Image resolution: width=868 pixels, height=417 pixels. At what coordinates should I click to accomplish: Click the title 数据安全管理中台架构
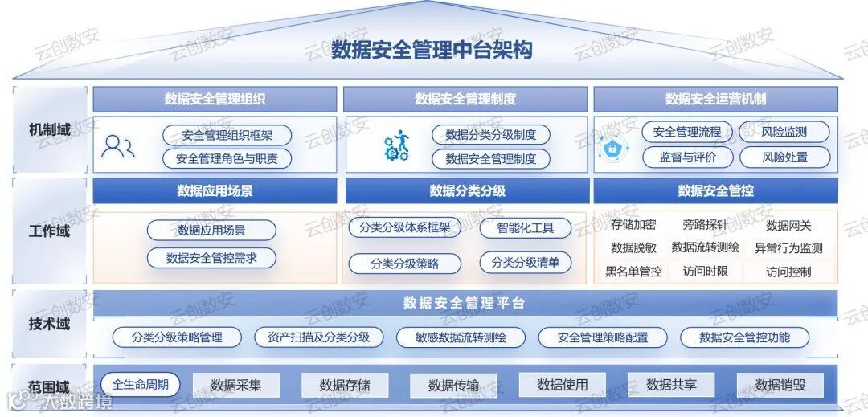432,50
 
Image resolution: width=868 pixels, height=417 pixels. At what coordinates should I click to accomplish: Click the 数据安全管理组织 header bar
215,100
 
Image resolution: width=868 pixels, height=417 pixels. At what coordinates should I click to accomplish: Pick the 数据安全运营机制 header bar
715,100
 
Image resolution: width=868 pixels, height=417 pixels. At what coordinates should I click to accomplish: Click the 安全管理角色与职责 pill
227,158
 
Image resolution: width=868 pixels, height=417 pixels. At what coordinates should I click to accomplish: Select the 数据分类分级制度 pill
490,134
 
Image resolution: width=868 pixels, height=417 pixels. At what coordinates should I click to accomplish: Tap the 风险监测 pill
784,132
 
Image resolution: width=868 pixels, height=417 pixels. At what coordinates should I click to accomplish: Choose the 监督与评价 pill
687,157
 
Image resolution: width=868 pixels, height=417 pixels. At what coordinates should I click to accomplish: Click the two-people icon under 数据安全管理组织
118,146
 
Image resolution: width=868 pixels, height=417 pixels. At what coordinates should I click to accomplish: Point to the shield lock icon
612,147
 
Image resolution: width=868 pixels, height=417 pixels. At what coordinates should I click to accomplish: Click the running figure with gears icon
396,146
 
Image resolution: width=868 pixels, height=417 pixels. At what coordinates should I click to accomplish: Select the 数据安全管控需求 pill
211,258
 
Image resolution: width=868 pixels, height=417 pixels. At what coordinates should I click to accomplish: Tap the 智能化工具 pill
526,227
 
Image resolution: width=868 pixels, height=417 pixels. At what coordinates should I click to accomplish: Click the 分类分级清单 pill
526,263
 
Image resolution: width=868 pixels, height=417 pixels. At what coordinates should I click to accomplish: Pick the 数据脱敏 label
633,247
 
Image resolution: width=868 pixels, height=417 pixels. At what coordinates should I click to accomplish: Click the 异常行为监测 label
788,247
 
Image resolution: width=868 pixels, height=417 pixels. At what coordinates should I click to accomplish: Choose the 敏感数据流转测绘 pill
461,337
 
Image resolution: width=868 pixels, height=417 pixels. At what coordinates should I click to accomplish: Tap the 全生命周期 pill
141,384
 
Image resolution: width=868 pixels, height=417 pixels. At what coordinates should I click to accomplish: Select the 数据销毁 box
780,385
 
